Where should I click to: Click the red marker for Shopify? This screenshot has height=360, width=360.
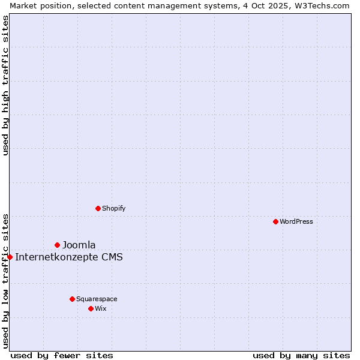(x=98, y=208)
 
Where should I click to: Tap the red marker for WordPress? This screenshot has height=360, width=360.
(x=275, y=221)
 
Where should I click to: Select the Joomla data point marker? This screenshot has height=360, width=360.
(x=57, y=245)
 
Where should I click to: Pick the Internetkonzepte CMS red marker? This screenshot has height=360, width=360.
(x=10, y=257)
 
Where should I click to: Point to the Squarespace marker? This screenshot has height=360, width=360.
(x=72, y=299)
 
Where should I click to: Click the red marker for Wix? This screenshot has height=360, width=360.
(x=91, y=308)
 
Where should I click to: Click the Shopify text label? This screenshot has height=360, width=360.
(x=113, y=208)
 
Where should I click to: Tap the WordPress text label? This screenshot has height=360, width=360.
(x=296, y=221)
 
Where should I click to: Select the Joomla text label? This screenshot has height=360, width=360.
(x=79, y=245)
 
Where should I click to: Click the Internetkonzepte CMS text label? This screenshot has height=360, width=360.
(x=68, y=257)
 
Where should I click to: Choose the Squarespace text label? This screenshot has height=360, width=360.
(x=97, y=299)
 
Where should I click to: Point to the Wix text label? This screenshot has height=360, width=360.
(x=100, y=308)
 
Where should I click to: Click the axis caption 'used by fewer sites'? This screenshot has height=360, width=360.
(x=62, y=355)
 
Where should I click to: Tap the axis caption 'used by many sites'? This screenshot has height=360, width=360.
(x=301, y=355)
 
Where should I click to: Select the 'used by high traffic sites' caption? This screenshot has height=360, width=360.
(x=6, y=85)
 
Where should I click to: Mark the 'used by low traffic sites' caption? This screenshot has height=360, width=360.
(x=6, y=280)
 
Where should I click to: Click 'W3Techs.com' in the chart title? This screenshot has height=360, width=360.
(x=323, y=5)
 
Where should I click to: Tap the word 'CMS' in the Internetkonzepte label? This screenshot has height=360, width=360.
(x=112, y=257)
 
